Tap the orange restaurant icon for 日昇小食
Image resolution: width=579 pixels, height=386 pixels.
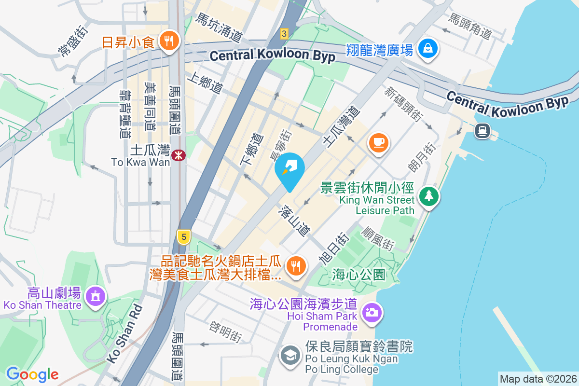pos(168,41)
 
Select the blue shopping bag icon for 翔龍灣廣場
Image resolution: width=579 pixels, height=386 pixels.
pos(428,48)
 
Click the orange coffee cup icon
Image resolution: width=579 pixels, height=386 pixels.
pos(379,142)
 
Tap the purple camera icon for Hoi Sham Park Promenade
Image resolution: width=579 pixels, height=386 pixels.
pos(371,313)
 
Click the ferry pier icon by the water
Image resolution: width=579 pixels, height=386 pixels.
pos(482,130)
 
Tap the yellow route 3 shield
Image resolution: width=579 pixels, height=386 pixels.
pos(284,33)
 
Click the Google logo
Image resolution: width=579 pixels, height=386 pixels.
pos(32,374)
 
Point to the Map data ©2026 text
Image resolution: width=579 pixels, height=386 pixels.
pos(538,379)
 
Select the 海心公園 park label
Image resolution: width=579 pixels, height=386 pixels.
pos(358,275)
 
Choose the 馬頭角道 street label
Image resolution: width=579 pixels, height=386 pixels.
pos(469,27)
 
